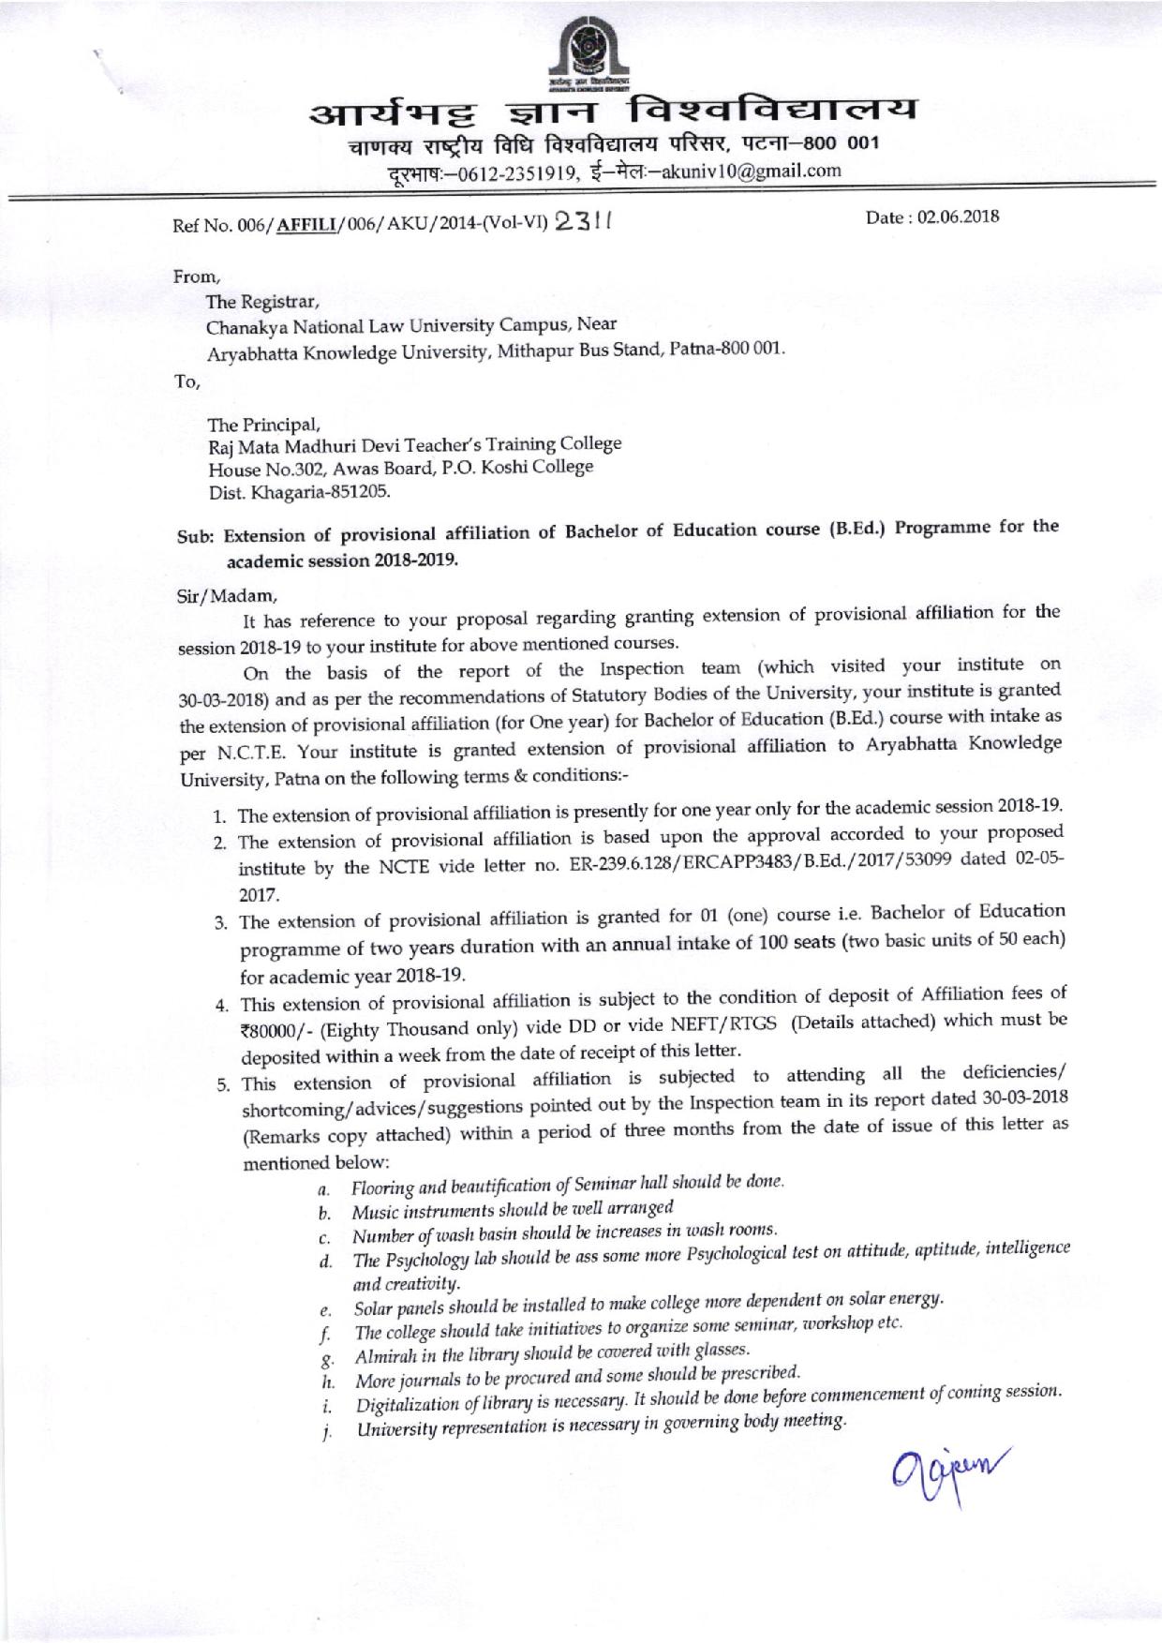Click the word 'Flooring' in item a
click(383, 1188)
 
